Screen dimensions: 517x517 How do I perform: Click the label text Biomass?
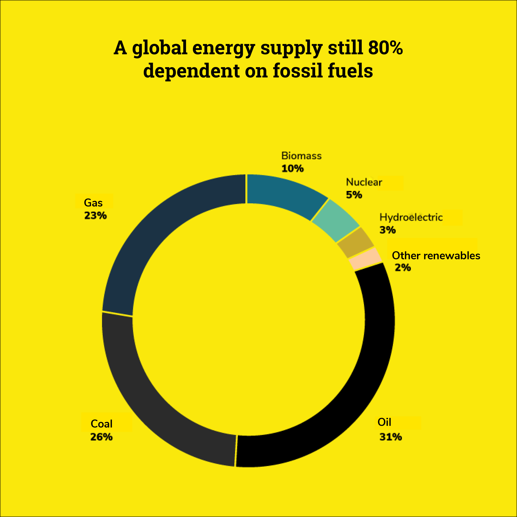[301, 156]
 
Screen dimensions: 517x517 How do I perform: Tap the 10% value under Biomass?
[292, 169]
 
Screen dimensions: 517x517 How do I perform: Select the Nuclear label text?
[364, 182]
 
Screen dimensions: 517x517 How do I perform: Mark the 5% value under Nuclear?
[354, 195]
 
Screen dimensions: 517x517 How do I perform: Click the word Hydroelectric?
[411, 217]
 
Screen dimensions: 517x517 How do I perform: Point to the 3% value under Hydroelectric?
[387, 230]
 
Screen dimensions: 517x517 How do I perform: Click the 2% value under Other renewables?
[403, 267]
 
